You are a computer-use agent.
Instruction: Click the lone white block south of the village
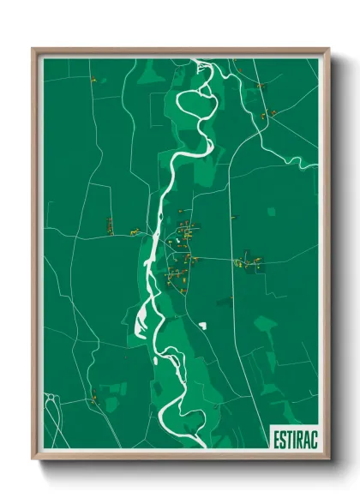(203, 325)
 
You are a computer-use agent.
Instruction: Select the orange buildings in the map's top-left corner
(93, 80)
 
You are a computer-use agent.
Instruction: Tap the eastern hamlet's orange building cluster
(248, 261)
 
